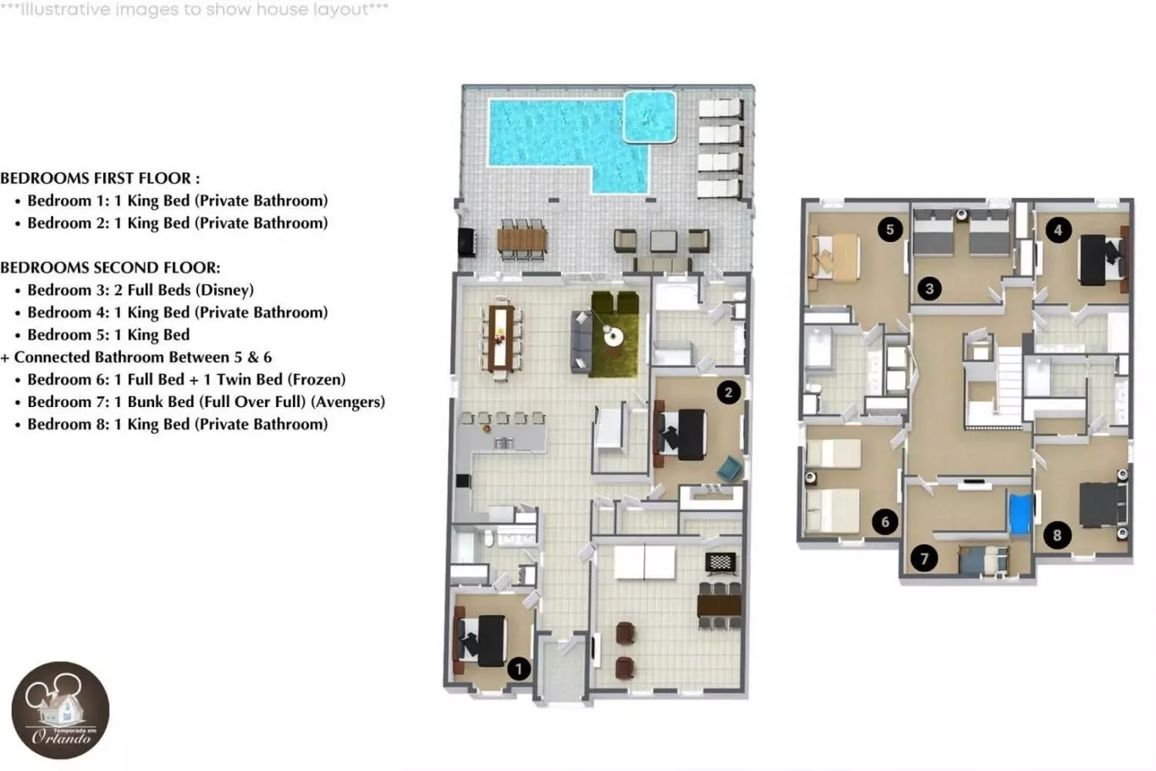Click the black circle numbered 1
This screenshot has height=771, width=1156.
coord(519,669)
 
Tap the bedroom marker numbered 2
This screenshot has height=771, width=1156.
coord(729,393)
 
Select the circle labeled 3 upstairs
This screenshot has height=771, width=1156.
coord(929,289)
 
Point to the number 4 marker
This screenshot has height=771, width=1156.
coord(1058,230)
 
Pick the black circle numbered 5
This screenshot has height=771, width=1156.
coord(890,229)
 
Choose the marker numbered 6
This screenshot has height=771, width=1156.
coord(885,521)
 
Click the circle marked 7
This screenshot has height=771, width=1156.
coord(924,559)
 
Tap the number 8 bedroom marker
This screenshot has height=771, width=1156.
coord(1057,535)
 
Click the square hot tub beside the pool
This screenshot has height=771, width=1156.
coord(650,117)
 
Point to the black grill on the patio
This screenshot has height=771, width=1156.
coord(466,242)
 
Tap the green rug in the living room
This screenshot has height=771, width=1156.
coord(614,334)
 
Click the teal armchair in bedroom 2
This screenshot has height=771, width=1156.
coord(729,468)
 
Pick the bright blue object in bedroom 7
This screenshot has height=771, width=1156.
coord(1021,514)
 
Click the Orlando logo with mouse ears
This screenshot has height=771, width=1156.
coord(60,710)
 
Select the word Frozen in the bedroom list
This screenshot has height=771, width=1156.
coord(317,379)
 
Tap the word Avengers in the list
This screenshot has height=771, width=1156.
coord(348,401)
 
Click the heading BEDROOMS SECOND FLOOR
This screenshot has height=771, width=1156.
coord(111,267)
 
